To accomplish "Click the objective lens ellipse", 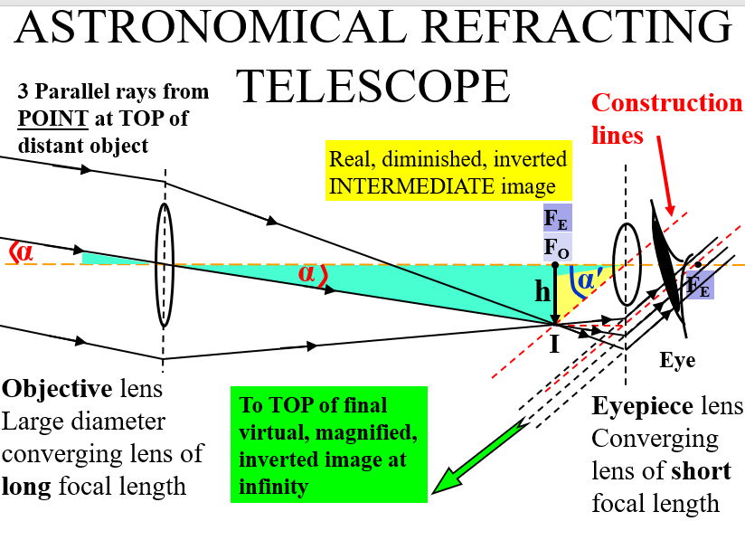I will coord(164,263).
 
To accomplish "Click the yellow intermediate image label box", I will coord(448,172).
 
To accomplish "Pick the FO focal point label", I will coord(556,246).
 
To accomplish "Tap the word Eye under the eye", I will coord(676,360).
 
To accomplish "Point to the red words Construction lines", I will coord(666,118).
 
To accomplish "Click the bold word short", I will coord(701,471).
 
